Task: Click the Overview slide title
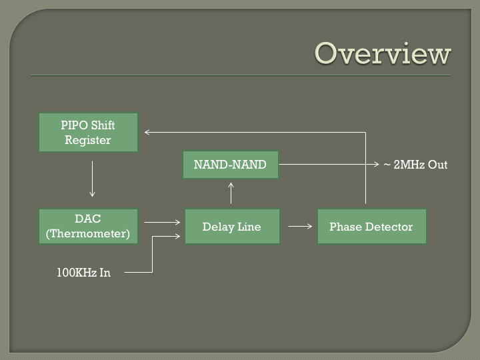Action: [383, 53]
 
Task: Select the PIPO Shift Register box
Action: [88, 132]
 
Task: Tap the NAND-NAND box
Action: [231, 165]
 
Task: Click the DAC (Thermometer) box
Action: [88, 227]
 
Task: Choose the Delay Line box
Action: [232, 227]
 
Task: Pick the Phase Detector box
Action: [371, 227]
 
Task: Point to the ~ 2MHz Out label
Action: [415, 165]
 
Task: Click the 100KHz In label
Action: [83, 273]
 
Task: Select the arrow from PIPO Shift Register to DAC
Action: [92, 179]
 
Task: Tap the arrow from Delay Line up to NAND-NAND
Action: [231, 193]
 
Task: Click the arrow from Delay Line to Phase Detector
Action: [300, 226]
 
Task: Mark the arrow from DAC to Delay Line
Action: [162, 222]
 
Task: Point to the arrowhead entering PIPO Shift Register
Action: [147, 132]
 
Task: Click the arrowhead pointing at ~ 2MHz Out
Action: [377, 165]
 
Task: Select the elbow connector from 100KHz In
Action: [152, 254]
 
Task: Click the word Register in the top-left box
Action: [87, 140]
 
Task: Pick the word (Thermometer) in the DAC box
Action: [88, 233]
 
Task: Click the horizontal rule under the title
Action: [241, 75]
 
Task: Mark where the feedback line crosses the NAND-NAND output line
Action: [365, 165]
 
